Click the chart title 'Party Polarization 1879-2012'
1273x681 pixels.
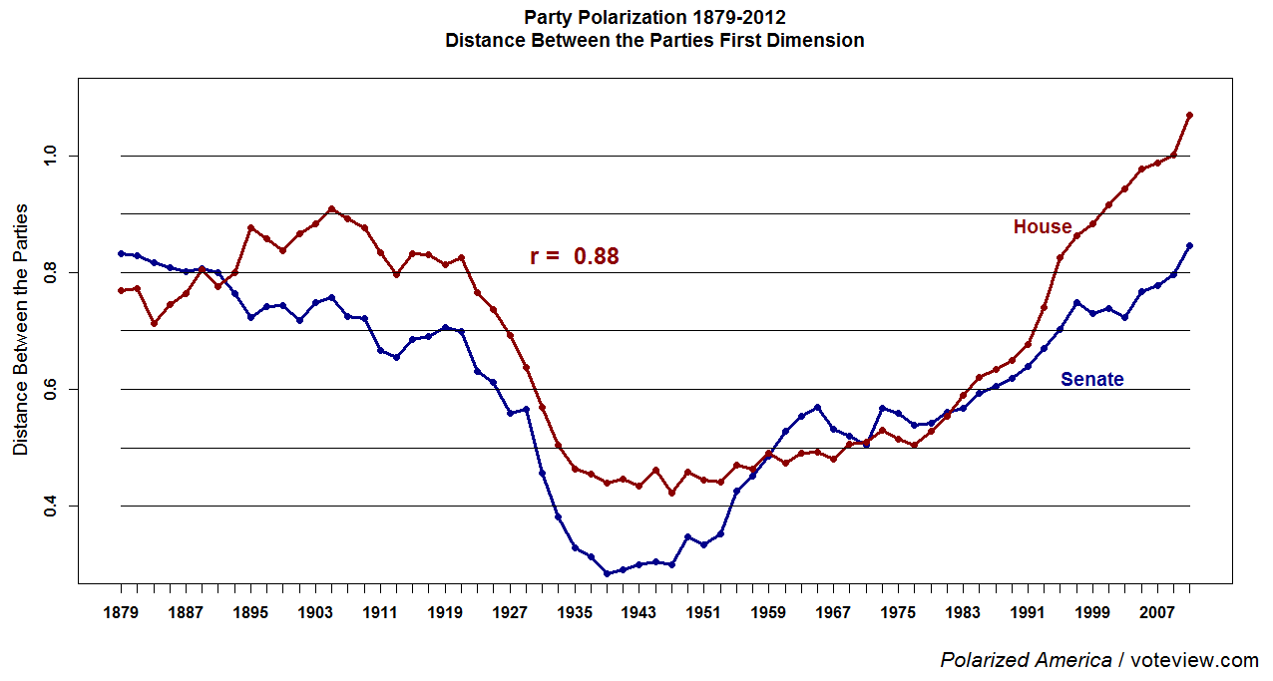[654, 18]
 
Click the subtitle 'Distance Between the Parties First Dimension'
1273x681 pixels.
[654, 41]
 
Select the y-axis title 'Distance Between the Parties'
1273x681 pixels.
[21, 330]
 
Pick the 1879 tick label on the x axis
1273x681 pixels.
[122, 613]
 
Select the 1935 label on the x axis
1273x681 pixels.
[574, 613]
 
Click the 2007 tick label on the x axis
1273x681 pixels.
[1155, 613]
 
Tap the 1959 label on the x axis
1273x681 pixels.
[767, 613]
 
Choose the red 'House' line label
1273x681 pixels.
[1042, 227]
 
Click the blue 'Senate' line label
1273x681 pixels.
[1091, 380]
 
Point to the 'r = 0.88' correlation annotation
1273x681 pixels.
[574, 256]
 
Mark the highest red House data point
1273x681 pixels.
[1189, 116]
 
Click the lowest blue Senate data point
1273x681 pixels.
[607, 573]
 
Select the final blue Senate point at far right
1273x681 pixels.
[1189, 245]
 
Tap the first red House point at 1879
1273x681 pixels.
[122, 290]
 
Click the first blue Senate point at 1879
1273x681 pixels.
[122, 253]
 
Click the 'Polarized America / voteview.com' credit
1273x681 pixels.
[1098, 660]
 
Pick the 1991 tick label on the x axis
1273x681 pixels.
[1026, 613]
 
